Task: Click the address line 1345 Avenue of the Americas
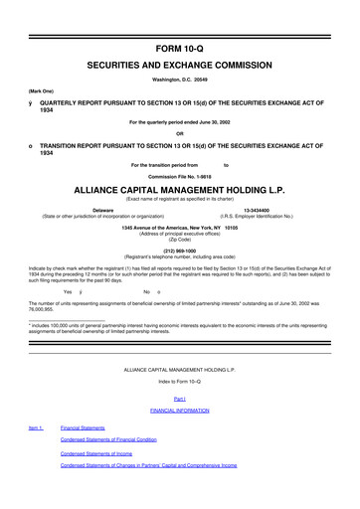[180, 227]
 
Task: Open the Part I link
[180, 399]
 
